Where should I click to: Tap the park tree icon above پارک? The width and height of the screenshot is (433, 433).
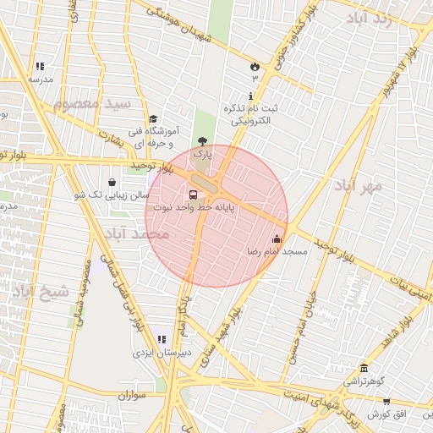point(201,141)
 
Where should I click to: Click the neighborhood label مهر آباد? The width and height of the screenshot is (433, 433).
point(358,187)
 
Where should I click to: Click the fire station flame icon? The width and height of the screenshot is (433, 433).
point(255,65)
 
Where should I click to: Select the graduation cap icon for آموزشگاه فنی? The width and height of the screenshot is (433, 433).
point(152,119)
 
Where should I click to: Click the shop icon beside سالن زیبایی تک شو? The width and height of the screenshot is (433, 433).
point(112,182)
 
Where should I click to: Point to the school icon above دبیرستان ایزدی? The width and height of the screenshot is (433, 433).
point(162,339)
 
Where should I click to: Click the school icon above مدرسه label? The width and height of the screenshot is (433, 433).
point(40,66)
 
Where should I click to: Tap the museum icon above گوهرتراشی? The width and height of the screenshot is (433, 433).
point(364,368)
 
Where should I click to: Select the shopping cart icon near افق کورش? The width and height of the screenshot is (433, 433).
point(386,402)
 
